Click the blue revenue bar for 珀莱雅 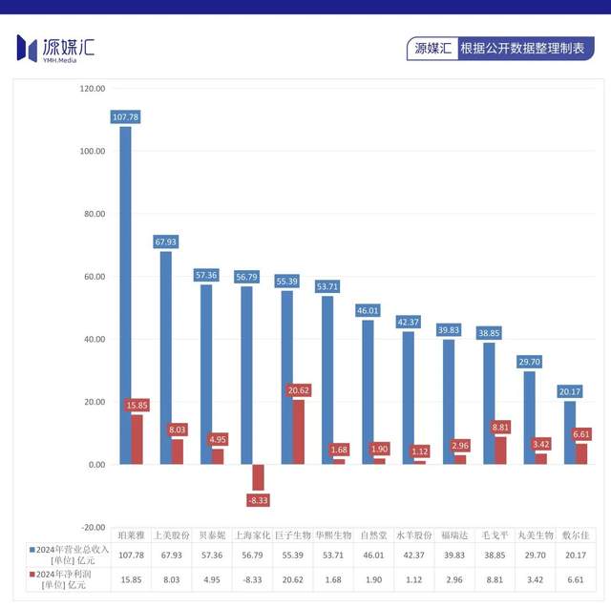click(x=125, y=296)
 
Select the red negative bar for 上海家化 click(x=258, y=476)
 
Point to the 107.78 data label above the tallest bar click(x=125, y=117)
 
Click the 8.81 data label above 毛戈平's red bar click(x=500, y=429)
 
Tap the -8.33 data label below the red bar click(x=259, y=499)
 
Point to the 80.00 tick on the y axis click(x=93, y=214)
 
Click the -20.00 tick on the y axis click(x=93, y=527)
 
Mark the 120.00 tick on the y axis click(x=93, y=89)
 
